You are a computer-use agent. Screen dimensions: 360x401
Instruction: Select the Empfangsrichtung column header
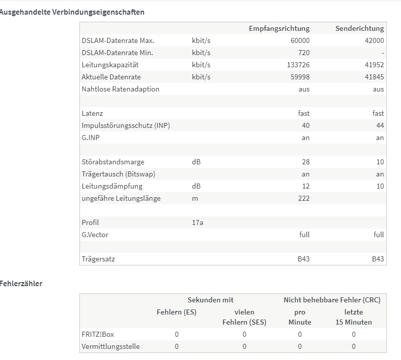pyautogui.click(x=279, y=28)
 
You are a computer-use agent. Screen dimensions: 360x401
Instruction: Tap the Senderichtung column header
pyautogui.click(x=360, y=28)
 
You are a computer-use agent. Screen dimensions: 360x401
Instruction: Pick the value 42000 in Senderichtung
pyautogui.click(x=374, y=40)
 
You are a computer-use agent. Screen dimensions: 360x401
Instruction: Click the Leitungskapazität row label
pyautogui.click(x=110, y=65)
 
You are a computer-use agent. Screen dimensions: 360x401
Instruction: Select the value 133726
pyautogui.click(x=298, y=65)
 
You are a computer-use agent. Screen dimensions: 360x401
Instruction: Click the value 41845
pyautogui.click(x=374, y=77)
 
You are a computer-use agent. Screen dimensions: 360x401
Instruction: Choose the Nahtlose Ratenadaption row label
pyautogui.click(x=120, y=89)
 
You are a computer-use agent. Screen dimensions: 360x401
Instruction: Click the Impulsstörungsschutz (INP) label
pyautogui.click(x=125, y=125)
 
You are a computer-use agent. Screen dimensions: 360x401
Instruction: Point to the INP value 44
pyautogui.click(x=380, y=125)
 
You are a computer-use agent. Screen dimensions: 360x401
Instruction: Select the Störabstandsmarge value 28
pyautogui.click(x=305, y=162)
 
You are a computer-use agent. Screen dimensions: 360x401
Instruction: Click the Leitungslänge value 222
pyautogui.click(x=304, y=198)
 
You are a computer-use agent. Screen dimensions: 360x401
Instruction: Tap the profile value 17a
pyautogui.click(x=198, y=222)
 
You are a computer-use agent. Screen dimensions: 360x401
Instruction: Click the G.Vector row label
pyautogui.click(x=95, y=235)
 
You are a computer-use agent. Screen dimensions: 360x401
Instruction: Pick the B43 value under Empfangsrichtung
pyautogui.click(x=303, y=259)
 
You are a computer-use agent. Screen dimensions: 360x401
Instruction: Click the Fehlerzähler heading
pyautogui.click(x=21, y=284)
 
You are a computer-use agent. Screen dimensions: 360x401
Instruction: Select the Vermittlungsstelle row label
pyautogui.click(x=110, y=346)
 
